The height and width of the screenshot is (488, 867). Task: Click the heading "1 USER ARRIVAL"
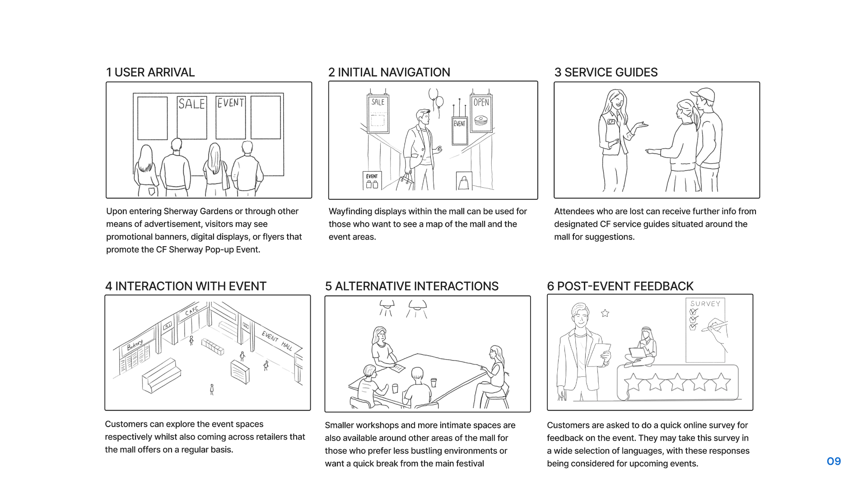click(x=150, y=72)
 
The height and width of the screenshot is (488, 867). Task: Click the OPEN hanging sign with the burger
click(x=481, y=113)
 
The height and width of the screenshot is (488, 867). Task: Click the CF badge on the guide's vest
click(x=611, y=122)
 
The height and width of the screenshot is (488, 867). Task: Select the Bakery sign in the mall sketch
click(x=135, y=346)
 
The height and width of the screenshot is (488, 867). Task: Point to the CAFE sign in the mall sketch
click(x=191, y=311)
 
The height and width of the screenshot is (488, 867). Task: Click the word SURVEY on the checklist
click(x=705, y=304)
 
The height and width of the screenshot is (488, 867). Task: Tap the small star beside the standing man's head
click(x=605, y=313)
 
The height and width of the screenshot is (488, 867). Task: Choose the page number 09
click(x=834, y=461)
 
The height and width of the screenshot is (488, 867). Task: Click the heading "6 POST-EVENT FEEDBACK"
click(x=620, y=286)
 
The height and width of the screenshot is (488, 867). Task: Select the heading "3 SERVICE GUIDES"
click(x=606, y=72)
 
